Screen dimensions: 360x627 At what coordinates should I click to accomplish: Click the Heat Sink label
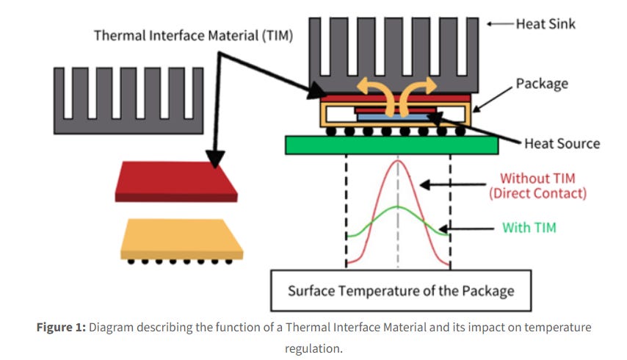(x=545, y=24)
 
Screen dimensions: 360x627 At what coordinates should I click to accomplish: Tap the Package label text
(x=542, y=83)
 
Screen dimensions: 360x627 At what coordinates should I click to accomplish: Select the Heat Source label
(x=562, y=143)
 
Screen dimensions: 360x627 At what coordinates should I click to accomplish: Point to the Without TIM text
(x=538, y=178)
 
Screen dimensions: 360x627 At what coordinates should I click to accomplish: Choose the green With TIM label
(x=529, y=228)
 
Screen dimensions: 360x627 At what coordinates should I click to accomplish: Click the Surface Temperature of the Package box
(x=401, y=290)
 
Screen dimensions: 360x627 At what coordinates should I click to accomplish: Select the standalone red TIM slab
(x=175, y=181)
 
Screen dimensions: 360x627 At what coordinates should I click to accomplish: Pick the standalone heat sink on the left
(x=128, y=100)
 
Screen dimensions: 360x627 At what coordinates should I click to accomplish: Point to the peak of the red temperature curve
(x=398, y=161)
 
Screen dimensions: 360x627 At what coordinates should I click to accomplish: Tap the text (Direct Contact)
(x=538, y=194)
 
